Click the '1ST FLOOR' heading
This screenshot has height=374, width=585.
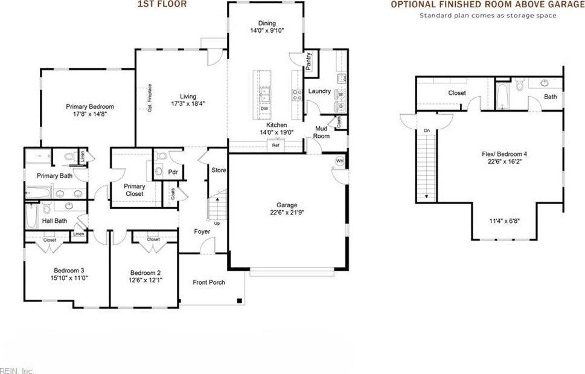pyautogui.click(x=162, y=4)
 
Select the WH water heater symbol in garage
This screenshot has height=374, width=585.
pyautogui.click(x=340, y=161)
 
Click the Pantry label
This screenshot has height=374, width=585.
pyautogui.click(x=308, y=61)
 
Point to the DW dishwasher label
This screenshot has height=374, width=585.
pyautogui.click(x=264, y=109)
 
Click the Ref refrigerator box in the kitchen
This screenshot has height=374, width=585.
pyautogui.click(x=275, y=145)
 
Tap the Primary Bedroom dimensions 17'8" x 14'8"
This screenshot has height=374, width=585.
pyautogui.click(x=89, y=113)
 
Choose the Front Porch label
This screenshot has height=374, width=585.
pyautogui.click(x=209, y=282)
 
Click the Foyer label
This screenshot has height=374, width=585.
pyautogui.click(x=202, y=231)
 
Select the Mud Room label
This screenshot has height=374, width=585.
pyautogui.click(x=321, y=132)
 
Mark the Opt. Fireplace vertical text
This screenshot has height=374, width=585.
pyautogui.click(x=150, y=97)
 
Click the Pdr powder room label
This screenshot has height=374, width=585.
pyautogui.click(x=173, y=172)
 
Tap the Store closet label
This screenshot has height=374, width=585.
pyautogui.click(x=219, y=170)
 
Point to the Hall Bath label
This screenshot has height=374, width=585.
pyautogui.click(x=54, y=221)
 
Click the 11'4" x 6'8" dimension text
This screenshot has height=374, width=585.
pyautogui.click(x=504, y=221)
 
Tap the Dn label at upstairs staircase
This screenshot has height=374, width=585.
pyautogui.click(x=426, y=130)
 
